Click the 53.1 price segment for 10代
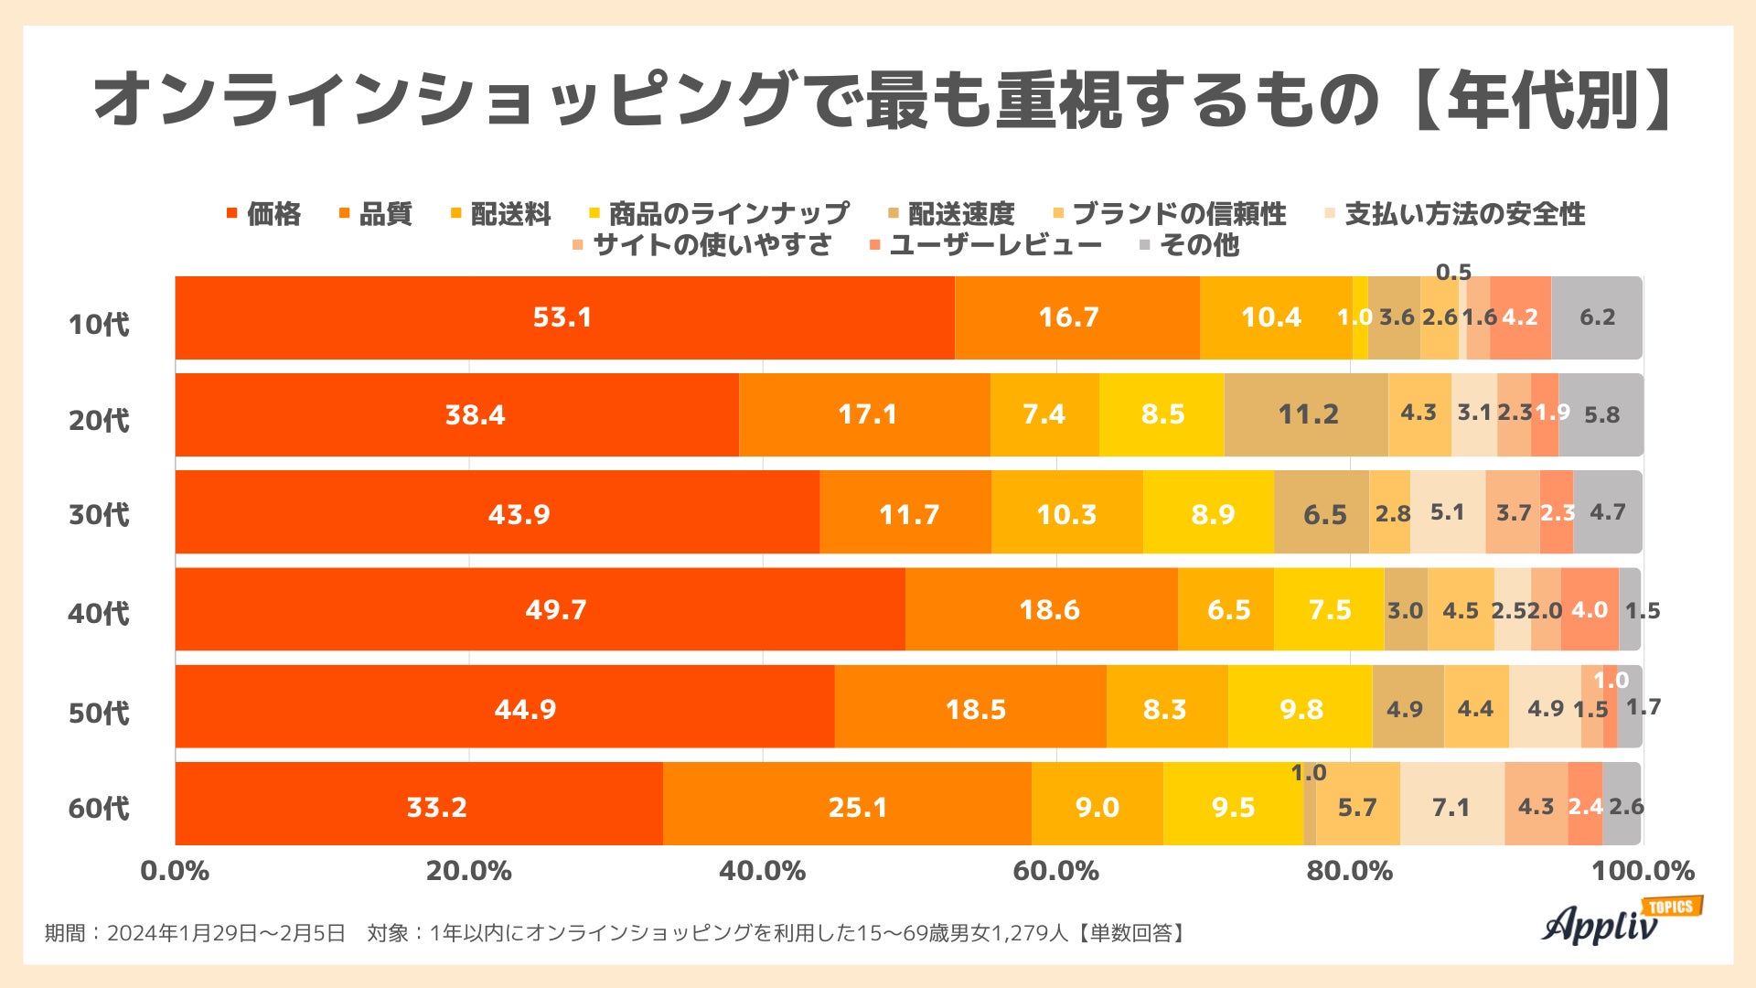[563, 317]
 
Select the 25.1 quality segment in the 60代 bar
[857, 806]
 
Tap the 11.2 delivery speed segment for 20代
[1307, 414]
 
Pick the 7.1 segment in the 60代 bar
[1451, 806]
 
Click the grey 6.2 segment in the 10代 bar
[1597, 317]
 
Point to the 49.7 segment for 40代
[555, 609]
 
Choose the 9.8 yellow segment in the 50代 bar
[1301, 708]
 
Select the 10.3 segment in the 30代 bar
[1066, 513]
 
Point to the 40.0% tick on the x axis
[762, 870]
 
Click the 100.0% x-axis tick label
[1643, 870]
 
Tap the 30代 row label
[99, 514]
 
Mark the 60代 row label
[99, 808]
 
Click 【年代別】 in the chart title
[1546, 99]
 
